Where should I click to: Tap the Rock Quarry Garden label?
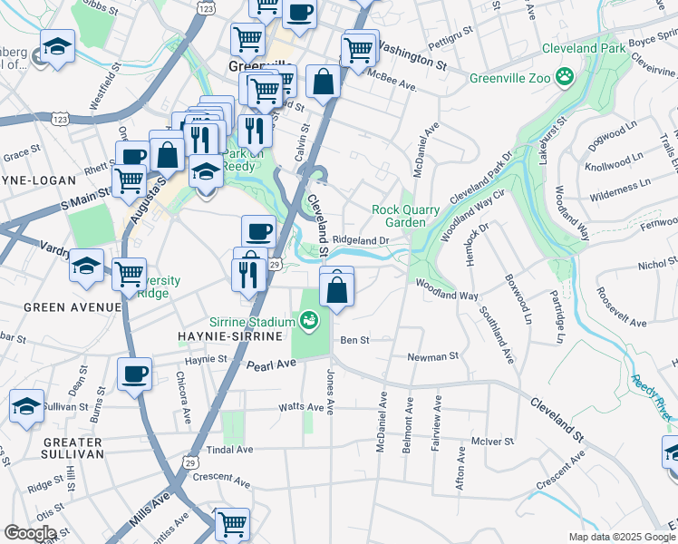point(406,216)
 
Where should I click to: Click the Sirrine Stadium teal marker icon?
point(310,320)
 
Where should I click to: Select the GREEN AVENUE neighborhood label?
point(72,307)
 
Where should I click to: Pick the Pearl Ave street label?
point(272,364)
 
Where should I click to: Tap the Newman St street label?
point(428,357)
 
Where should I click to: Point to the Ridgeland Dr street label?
point(360,240)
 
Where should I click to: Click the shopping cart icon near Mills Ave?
point(233,523)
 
